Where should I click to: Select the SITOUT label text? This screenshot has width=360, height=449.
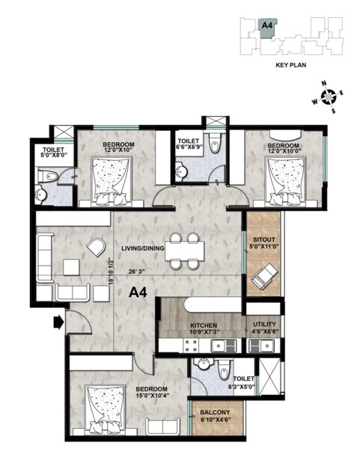tap(264, 241)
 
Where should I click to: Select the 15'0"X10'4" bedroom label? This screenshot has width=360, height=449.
tap(150, 394)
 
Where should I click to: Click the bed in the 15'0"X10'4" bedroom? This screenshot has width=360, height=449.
tap(103, 409)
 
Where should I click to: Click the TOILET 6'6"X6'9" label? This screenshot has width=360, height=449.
tap(187, 144)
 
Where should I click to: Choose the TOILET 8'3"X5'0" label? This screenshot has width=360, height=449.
tap(243, 382)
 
